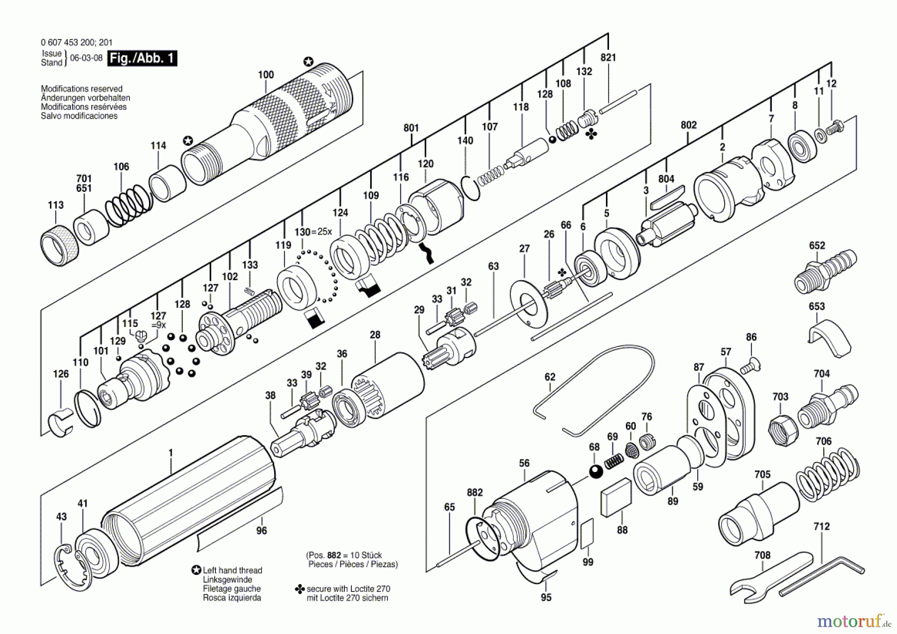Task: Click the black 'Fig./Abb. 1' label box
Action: coord(142,58)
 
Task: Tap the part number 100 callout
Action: coord(266,75)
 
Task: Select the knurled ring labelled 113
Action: coord(59,245)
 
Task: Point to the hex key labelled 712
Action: coord(822,574)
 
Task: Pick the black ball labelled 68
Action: coord(596,471)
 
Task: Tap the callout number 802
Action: coord(688,125)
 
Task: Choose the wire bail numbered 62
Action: coord(598,394)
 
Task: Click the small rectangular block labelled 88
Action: coord(616,497)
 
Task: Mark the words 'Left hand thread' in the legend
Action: coord(232,570)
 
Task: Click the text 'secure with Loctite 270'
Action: coord(348,589)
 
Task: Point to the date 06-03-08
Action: coord(86,58)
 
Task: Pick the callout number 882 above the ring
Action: coord(474,492)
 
